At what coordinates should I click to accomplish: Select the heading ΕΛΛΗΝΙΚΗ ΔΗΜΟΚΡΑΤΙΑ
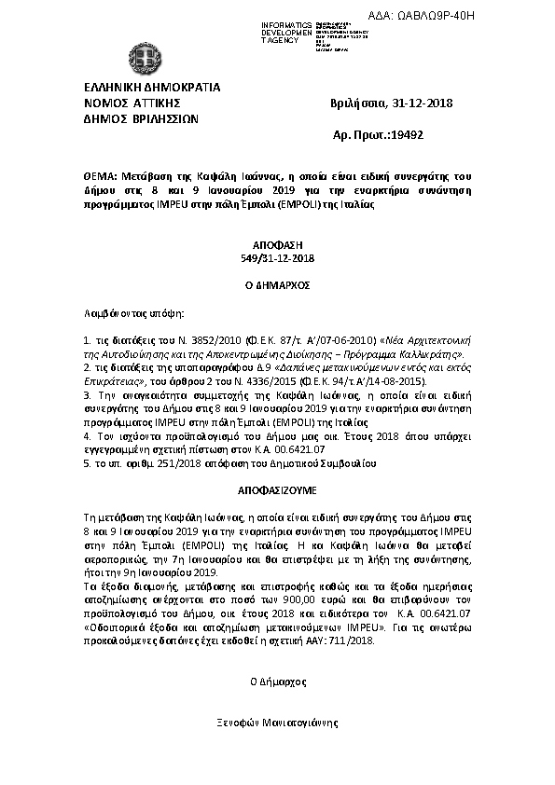point(152,88)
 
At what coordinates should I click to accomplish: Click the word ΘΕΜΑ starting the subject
point(100,176)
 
